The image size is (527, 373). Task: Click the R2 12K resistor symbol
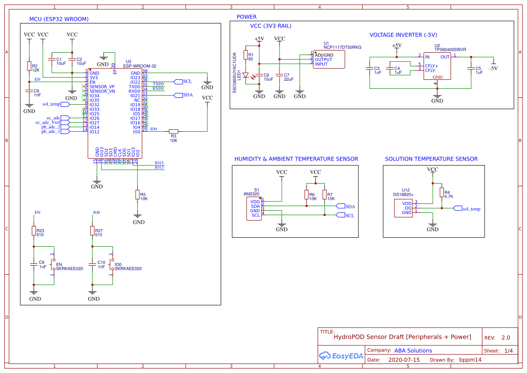[29, 66]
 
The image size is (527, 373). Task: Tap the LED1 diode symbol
[246, 75]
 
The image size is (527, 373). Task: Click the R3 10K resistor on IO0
[174, 132]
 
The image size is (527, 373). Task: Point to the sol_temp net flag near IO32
[65, 104]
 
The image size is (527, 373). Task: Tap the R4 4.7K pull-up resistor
[441, 193]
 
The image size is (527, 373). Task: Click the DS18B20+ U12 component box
[404, 207]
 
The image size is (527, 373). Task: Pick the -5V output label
[493, 68]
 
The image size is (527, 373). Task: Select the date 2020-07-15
[403, 360]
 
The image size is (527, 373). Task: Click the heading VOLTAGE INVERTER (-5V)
[403, 35]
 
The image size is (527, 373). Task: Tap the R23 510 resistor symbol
[33, 231]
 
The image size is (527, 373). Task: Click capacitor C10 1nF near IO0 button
[92, 264]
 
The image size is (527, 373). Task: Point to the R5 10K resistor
[137, 194]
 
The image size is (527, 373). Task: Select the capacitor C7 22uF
[280, 74]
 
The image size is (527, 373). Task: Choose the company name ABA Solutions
[413, 350]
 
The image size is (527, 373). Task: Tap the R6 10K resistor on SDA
[307, 195]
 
